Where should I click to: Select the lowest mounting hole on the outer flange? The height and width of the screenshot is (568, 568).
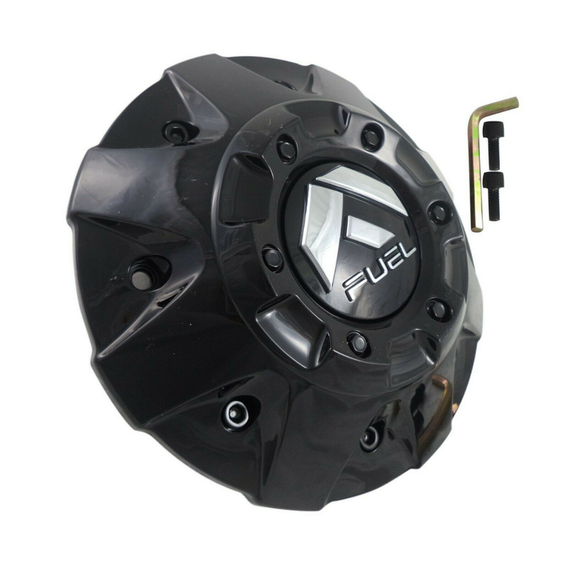(x=371, y=437)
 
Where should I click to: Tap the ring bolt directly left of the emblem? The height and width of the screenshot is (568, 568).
(x=272, y=258)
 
